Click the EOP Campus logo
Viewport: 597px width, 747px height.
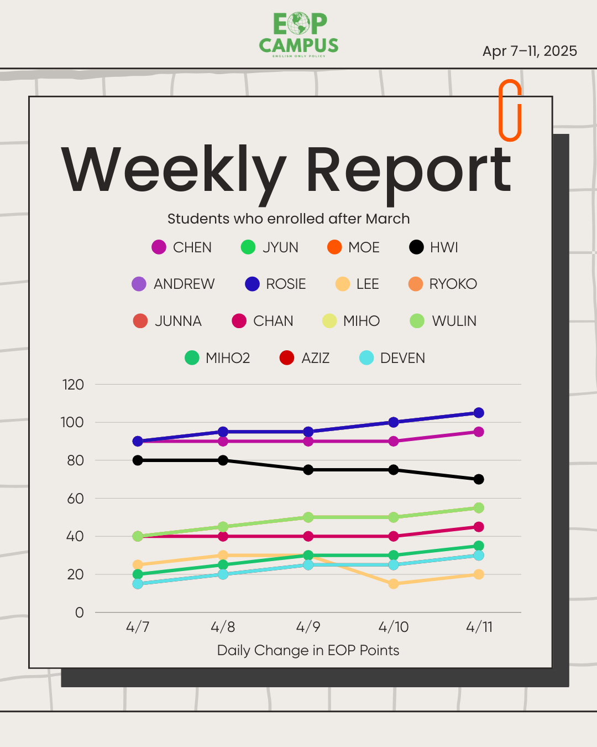298,35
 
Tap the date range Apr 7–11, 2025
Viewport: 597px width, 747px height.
530,51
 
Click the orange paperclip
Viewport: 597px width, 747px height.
510,110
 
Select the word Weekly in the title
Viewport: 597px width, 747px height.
174,170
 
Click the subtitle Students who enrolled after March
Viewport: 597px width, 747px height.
289,219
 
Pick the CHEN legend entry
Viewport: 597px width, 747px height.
182,247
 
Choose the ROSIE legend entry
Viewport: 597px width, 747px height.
275,284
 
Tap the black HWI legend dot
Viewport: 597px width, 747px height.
416,247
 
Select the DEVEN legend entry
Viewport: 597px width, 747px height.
392,358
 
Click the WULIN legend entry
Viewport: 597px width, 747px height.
443,321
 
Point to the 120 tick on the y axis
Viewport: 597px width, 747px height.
73,385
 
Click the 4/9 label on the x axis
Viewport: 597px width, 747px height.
308,627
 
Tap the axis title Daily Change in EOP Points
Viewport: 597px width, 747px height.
308,650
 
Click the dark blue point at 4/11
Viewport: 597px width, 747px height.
479,413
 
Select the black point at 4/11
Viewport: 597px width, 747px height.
479,479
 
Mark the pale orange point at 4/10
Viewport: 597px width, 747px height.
394,584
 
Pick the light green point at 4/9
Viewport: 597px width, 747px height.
308,517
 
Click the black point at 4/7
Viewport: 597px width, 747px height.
138,460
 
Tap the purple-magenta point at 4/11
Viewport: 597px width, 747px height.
479,432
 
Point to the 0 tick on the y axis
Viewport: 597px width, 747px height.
80,613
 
